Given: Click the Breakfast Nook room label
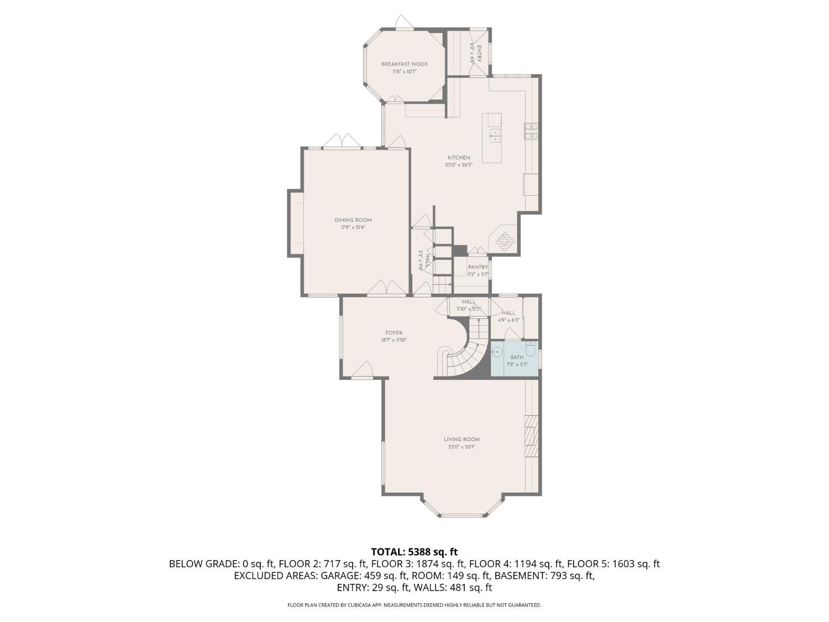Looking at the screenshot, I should [405, 64].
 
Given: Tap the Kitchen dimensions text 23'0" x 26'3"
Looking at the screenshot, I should [459, 165].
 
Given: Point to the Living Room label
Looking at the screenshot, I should [461, 440].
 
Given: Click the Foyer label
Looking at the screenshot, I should [394, 333].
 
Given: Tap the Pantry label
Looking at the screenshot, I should [478, 267].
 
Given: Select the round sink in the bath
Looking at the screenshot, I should [497, 351].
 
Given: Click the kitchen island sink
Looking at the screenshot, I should [495, 135].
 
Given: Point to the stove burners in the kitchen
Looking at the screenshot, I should [531, 131].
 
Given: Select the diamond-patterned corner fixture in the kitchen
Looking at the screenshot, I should [504, 240].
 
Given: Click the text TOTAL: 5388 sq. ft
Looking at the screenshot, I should [414, 551].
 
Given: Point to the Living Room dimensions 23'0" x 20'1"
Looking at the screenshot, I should [461, 447].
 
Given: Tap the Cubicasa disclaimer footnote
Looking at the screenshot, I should [414, 605].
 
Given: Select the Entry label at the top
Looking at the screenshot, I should [479, 53].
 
